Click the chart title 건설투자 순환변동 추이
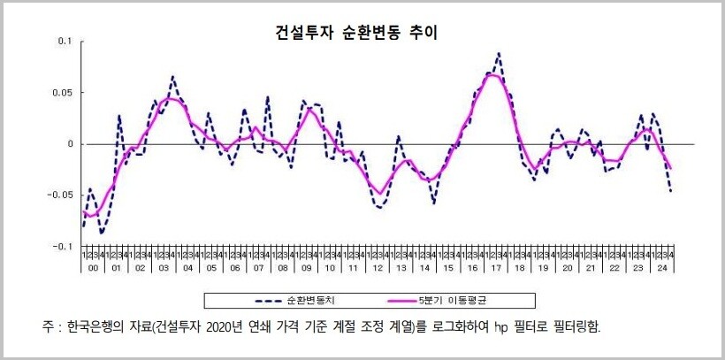tap(357, 33)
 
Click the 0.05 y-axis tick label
tap(63, 92)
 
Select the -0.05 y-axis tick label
tap(61, 195)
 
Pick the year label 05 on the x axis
tap(211, 267)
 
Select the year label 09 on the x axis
tap(306, 267)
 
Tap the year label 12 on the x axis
tap(378, 267)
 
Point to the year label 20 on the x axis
tap(567, 267)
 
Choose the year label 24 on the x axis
tap(661, 267)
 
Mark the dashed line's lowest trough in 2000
tap(103, 234)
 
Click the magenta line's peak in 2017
tap(492, 74)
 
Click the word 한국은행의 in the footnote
tap(106, 326)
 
